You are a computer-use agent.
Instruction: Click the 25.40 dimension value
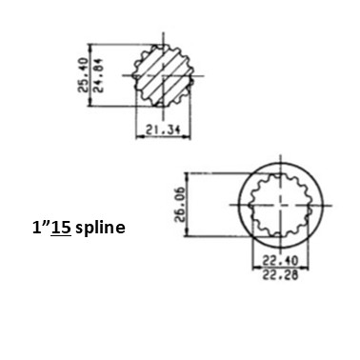point(83,74)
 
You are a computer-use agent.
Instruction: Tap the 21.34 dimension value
point(163,130)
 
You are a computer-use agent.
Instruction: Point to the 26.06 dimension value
point(181,205)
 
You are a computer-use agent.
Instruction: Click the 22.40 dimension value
point(280,261)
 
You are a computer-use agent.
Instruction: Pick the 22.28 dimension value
point(280,275)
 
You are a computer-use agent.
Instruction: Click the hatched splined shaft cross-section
point(163,75)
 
